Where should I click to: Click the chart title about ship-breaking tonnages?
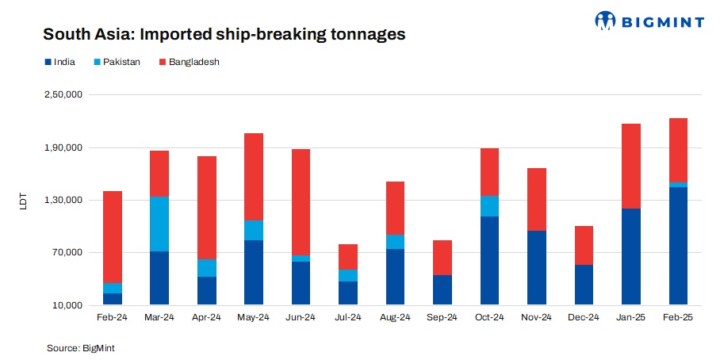(x=224, y=34)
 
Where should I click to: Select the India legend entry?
(x=59, y=62)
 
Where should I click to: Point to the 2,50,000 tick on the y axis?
(x=67, y=95)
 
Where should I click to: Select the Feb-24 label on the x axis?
(x=112, y=317)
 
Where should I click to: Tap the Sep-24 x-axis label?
(x=442, y=317)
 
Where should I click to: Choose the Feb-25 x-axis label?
(x=678, y=317)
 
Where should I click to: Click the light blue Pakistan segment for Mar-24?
(x=159, y=224)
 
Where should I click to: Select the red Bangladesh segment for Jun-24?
(x=301, y=202)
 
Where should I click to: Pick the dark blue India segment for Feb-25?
(x=678, y=246)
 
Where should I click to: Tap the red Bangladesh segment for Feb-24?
(x=112, y=236)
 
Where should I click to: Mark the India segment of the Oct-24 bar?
(x=489, y=260)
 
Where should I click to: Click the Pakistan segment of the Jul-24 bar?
(x=348, y=275)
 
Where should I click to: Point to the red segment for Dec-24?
(x=584, y=245)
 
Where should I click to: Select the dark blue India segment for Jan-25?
(x=630, y=256)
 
